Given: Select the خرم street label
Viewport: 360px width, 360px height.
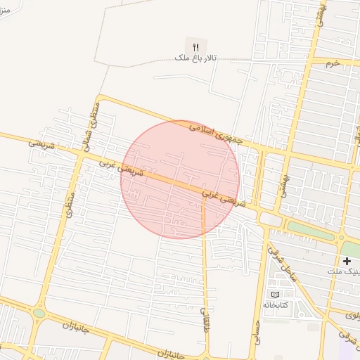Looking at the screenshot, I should tap(332, 63).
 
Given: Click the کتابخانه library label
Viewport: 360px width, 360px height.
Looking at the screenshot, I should tap(276, 305).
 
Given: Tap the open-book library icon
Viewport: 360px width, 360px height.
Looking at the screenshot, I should tap(275, 294).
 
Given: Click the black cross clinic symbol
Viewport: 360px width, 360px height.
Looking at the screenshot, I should tap(347, 261).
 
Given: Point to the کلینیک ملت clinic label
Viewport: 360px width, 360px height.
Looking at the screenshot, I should tap(344, 271).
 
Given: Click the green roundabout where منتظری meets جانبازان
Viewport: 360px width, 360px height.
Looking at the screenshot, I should tap(39, 313).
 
